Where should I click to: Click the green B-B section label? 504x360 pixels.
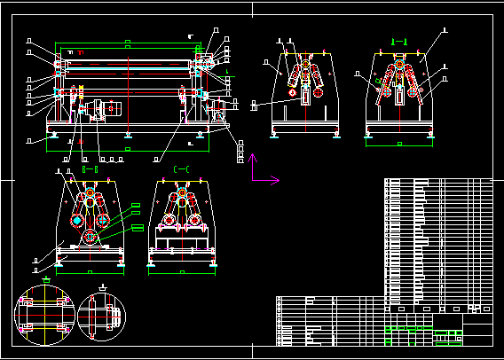click(x=90, y=168)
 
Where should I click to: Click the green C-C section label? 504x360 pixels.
click(x=181, y=168)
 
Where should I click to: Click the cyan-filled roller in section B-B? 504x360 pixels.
click(x=77, y=219)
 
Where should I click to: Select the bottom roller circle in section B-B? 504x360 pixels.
click(x=91, y=238)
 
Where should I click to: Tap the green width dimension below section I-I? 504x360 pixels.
click(x=398, y=144)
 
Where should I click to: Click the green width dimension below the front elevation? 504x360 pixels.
click(x=129, y=150)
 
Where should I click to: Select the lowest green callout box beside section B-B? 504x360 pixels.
click(x=138, y=228)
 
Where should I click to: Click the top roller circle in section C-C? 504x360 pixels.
click(x=182, y=192)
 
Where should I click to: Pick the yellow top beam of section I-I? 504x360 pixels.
click(x=398, y=54)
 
